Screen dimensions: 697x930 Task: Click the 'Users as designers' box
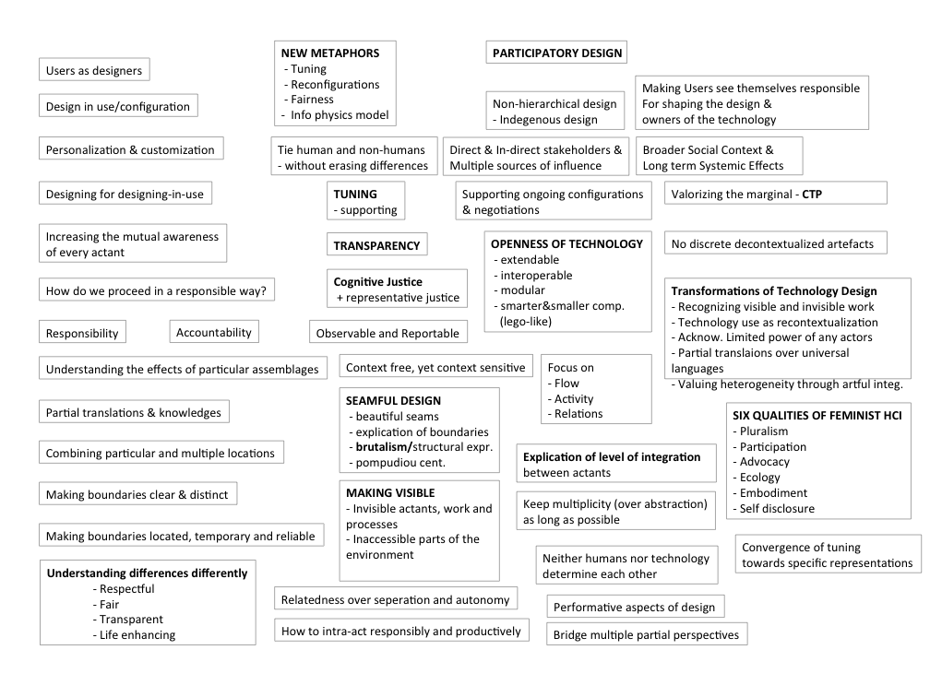tap(94, 70)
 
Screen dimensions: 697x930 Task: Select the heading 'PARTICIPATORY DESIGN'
tap(556, 53)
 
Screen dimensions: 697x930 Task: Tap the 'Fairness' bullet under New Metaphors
tap(312, 100)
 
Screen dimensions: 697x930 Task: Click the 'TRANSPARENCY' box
tap(376, 245)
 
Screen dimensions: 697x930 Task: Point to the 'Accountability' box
tap(213, 332)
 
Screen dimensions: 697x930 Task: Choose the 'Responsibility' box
tap(82, 334)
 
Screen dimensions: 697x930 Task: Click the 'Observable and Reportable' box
tap(387, 333)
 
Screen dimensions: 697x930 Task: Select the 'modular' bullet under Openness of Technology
tap(522, 290)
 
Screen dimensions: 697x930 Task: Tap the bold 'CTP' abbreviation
tap(812, 195)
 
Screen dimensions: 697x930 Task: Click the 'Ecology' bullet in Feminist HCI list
tap(759, 478)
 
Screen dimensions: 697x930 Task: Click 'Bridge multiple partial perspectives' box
tap(646, 634)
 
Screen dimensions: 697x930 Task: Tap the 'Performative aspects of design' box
tap(636, 607)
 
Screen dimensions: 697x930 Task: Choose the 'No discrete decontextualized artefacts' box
tap(775, 244)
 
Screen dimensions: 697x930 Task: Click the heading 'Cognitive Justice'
tap(377, 282)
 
